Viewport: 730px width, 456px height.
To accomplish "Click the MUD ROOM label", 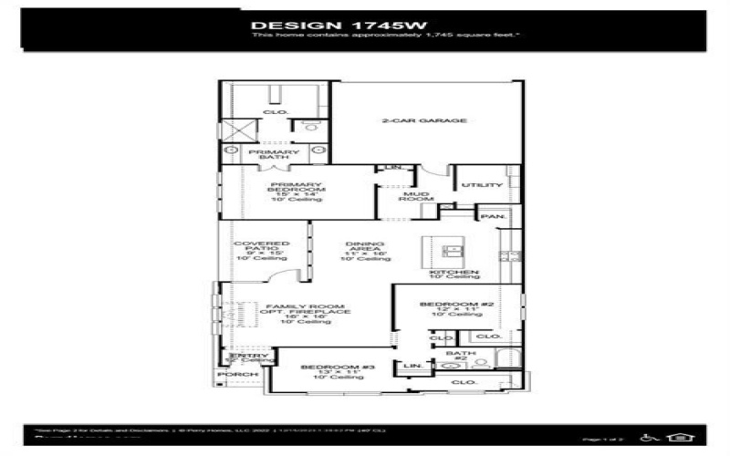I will (x=416, y=200).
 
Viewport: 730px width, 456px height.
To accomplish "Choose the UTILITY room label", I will (x=481, y=185).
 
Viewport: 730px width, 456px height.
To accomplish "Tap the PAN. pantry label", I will (x=493, y=216).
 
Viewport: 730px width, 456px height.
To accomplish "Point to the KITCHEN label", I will (x=455, y=273).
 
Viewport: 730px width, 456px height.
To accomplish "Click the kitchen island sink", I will (x=451, y=249).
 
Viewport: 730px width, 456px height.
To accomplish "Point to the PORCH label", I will (x=237, y=375).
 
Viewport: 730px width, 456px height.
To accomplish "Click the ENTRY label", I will (x=235, y=356).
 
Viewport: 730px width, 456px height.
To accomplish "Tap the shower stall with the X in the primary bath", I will (x=235, y=129).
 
